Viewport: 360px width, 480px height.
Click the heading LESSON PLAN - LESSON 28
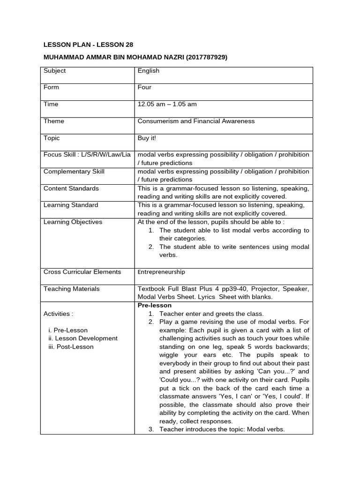pyautogui.click(x=88, y=45)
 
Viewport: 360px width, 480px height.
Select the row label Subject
pyautogui.click(x=54, y=71)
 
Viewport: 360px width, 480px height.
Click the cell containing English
pyautogui.click(x=148, y=71)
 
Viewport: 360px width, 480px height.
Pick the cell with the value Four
pyautogui.click(x=144, y=88)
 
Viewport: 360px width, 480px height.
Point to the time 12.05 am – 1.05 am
pyautogui.click(x=167, y=105)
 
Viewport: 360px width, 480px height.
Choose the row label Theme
pyautogui.click(x=54, y=121)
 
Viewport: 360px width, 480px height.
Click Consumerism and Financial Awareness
pyautogui.click(x=196, y=121)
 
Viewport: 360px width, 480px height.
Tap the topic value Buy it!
pyautogui.click(x=147, y=138)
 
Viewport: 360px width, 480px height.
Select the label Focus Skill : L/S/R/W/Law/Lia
pyautogui.click(x=87, y=155)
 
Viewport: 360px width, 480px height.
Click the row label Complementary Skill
pyautogui.click(x=74, y=172)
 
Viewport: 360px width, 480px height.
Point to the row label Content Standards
pyautogui.click(x=71, y=188)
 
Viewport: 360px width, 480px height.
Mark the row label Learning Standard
pyautogui.click(x=71, y=205)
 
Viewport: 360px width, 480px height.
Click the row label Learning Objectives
pyautogui.click(x=73, y=222)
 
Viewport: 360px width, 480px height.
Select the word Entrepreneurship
pyautogui.click(x=161, y=272)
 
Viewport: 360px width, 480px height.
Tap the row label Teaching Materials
pyautogui.click(x=72, y=289)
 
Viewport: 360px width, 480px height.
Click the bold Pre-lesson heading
pyautogui.click(x=155, y=305)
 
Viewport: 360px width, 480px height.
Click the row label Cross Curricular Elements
pyautogui.click(x=82, y=272)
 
